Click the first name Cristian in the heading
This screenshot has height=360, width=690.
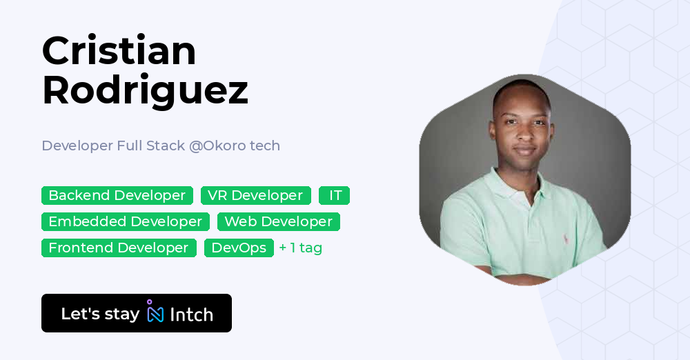[119, 51]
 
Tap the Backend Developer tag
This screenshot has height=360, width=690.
[117, 196]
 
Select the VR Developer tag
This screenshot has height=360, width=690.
[255, 196]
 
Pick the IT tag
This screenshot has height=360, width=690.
[335, 196]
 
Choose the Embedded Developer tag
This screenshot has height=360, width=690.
[125, 222]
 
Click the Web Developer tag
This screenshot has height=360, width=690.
[278, 222]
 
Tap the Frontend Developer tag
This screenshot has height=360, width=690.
[119, 248]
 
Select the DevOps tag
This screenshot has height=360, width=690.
[239, 248]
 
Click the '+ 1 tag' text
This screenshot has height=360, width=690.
[301, 248]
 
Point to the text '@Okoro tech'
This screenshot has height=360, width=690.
[235, 146]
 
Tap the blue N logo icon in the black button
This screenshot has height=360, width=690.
[156, 314]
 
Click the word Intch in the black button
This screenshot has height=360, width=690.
[191, 315]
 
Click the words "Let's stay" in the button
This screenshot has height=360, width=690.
[100, 314]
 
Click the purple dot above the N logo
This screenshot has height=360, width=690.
[149, 302]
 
